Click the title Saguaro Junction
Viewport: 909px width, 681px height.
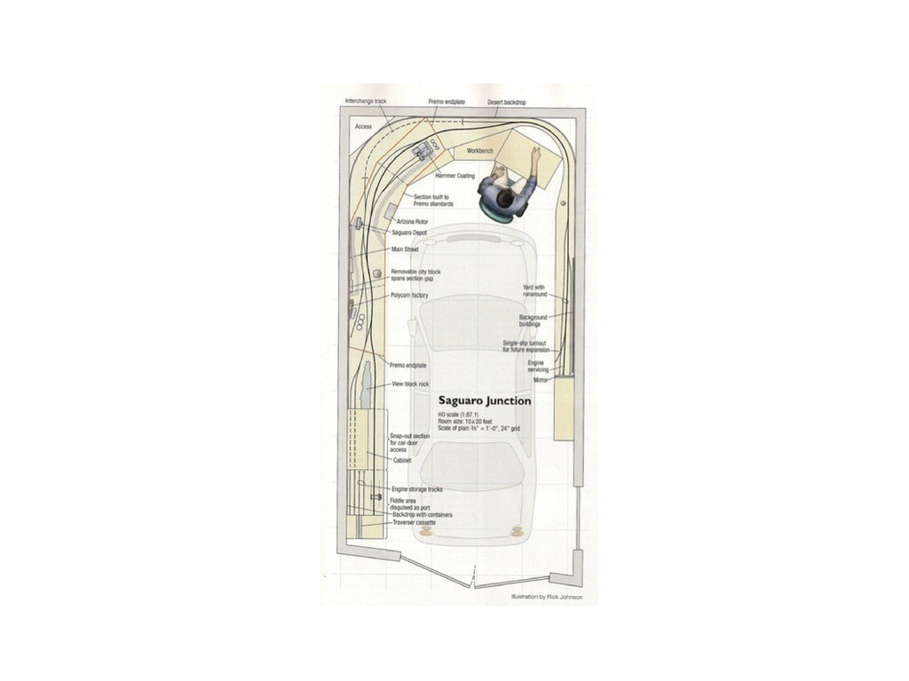[x=485, y=400]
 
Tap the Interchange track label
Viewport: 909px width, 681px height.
[x=366, y=101]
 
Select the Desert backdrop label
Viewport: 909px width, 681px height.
[x=507, y=102]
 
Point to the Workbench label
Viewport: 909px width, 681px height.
[x=480, y=151]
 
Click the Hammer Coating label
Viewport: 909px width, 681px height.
[x=455, y=176]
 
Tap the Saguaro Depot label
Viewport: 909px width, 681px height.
[x=409, y=233]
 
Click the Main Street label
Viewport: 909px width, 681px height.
[x=405, y=249]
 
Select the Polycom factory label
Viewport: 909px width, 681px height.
[x=409, y=295]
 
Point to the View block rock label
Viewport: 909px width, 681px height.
[x=411, y=384]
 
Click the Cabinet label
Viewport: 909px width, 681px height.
[x=402, y=460]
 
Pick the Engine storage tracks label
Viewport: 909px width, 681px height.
[x=417, y=489]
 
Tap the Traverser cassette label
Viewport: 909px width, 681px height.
[x=414, y=522]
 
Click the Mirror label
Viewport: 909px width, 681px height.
[x=541, y=379]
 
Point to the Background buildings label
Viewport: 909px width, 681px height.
[x=534, y=320]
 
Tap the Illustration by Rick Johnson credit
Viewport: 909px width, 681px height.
[x=547, y=598]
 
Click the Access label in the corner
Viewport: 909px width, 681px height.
[x=364, y=127]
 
